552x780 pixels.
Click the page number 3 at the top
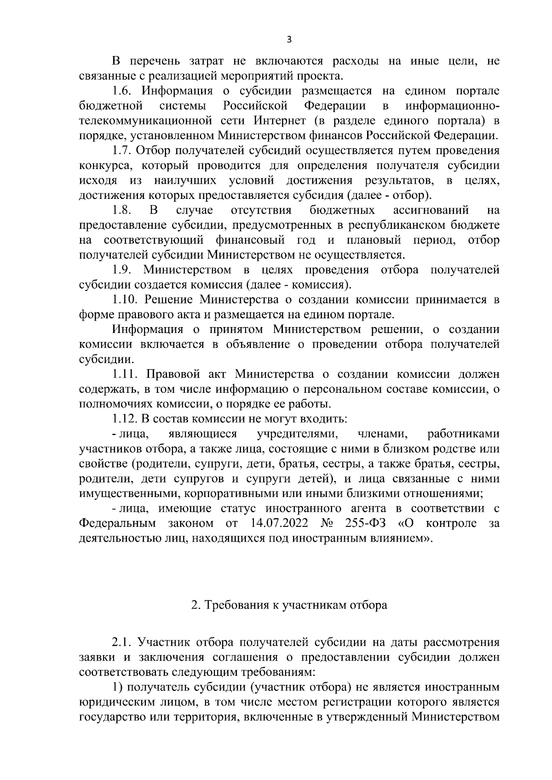point(289,40)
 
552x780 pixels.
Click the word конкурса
point(104,165)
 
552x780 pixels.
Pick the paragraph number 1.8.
point(123,210)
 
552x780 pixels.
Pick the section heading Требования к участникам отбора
point(289,605)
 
